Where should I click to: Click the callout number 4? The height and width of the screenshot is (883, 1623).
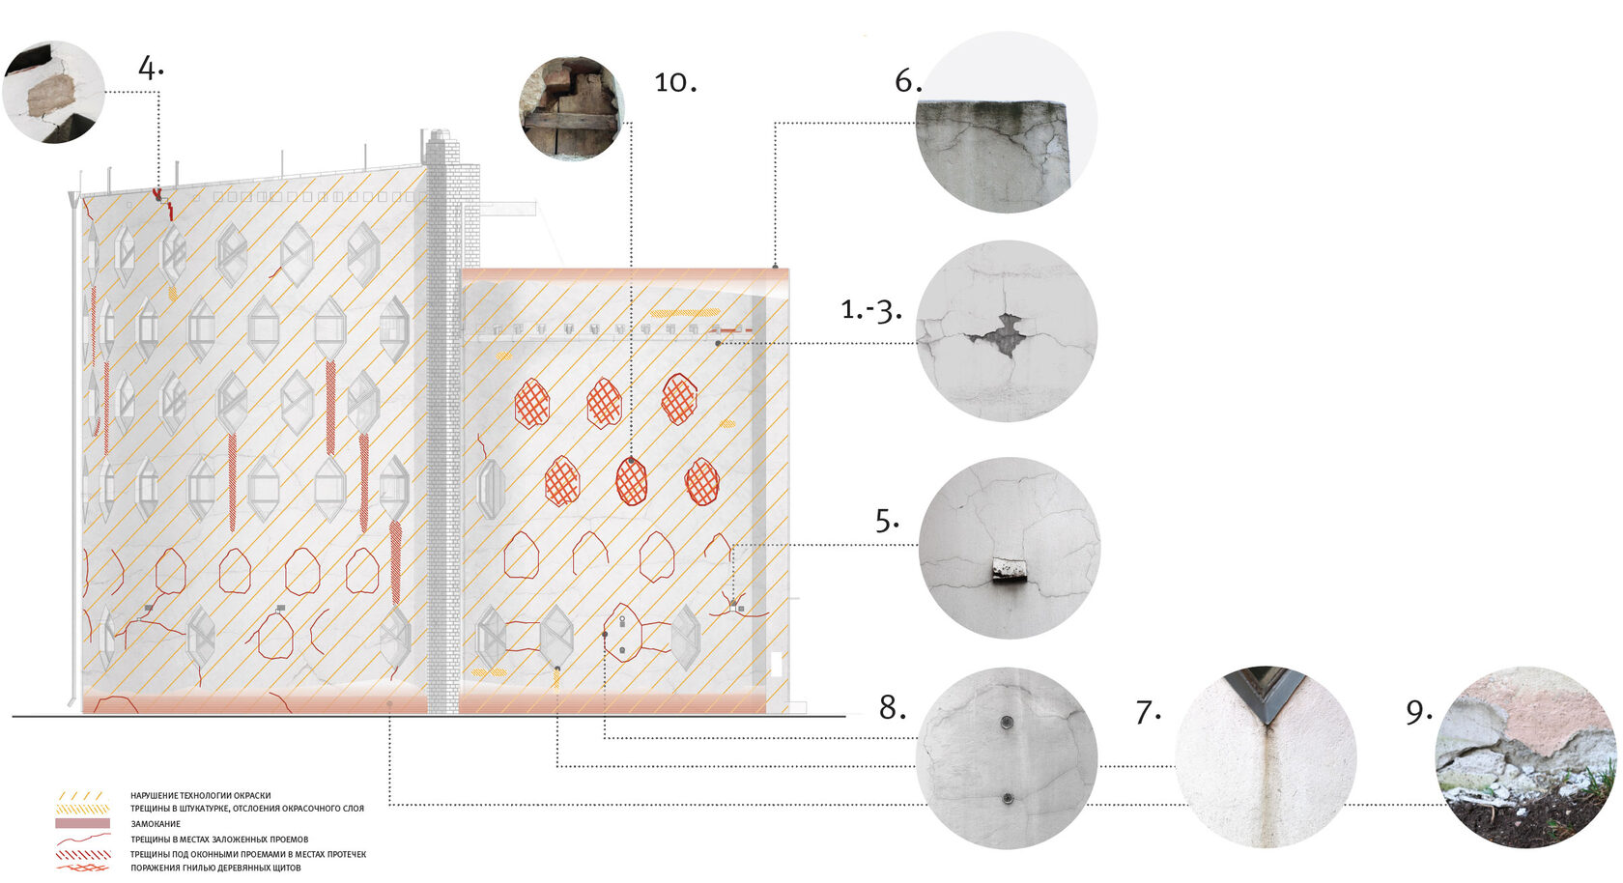[x=151, y=69]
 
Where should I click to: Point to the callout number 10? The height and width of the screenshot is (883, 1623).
[x=675, y=82]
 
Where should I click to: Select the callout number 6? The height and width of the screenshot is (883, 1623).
[x=908, y=81]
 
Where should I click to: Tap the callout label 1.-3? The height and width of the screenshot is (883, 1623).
[x=871, y=310]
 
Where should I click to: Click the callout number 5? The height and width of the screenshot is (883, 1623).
[x=887, y=520]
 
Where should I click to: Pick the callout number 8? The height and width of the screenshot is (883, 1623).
[x=892, y=708]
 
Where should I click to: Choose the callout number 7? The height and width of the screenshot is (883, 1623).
[x=1148, y=712]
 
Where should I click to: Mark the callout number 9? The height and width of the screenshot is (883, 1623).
[x=1419, y=712]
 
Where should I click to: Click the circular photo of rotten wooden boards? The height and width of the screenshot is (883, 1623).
[x=572, y=108]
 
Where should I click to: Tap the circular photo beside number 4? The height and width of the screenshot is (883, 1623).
[x=54, y=92]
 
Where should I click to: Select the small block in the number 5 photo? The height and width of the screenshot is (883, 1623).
[x=1010, y=569]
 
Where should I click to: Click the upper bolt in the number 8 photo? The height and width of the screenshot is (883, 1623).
[x=1007, y=722]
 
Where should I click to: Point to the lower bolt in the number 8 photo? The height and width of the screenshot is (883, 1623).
[x=1007, y=799]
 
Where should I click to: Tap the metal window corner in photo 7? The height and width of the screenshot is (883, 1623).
[x=1266, y=692]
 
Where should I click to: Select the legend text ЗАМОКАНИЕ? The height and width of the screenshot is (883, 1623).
[x=156, y=824]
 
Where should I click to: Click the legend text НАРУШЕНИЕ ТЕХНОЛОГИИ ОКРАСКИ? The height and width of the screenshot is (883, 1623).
[x=201, y=795]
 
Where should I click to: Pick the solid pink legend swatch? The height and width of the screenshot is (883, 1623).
[x=83, y=823]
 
